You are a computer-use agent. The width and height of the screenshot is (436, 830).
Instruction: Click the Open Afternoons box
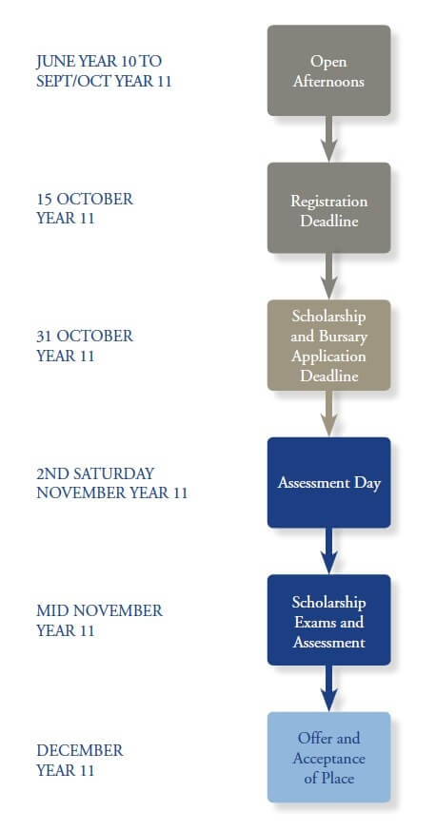[328, 70]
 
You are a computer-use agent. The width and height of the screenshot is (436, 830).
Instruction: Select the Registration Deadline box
[328, 208]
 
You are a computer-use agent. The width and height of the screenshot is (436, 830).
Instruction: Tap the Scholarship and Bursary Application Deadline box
[328, 345]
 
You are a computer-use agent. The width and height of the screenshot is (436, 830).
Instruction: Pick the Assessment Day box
[328, 483]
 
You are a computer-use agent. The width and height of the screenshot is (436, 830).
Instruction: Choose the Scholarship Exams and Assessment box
[328, 620]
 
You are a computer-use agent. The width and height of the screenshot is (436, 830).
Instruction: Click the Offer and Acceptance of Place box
[328, 758]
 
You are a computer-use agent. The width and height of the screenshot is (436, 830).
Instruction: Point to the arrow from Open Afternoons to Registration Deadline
[328, 139]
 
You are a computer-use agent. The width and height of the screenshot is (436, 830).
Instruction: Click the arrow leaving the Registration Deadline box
[328, 277]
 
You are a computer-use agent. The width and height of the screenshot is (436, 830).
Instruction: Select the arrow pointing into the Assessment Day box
[328, 414]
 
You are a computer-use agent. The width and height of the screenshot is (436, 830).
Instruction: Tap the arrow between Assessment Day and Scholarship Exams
[328, 551]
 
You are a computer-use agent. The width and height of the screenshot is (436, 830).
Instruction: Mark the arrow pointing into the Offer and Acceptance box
[328, 688]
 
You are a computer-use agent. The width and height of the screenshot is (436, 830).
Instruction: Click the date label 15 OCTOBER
[85, 199]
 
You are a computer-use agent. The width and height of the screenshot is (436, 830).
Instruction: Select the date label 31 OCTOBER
[85, 336]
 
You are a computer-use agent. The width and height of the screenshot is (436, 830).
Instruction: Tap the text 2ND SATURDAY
[95, 473]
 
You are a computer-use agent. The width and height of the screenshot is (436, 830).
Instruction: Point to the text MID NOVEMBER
[99, 610]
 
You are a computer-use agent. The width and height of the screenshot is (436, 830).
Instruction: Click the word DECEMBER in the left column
[80, 749]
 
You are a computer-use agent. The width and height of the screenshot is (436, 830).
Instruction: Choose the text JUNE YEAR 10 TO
[98, 61]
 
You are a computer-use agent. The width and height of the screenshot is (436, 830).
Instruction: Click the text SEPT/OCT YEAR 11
[104, 80]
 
